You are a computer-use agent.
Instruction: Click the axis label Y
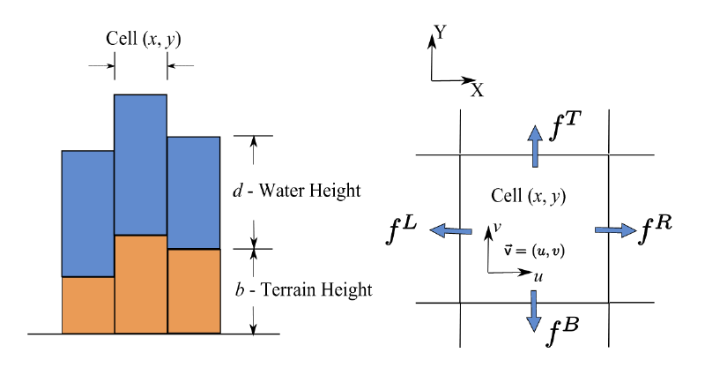(x=442, y=34)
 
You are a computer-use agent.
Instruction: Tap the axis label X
(x=477, y=90)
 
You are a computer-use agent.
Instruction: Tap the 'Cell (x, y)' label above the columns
(x=140, y=40)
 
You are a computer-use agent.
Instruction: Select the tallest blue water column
(x=140, y=164)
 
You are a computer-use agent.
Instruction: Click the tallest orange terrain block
(x=140, y=284)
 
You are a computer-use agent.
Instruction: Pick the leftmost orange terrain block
(x=87, y=305)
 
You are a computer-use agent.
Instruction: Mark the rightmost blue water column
(x=193, y=192)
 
